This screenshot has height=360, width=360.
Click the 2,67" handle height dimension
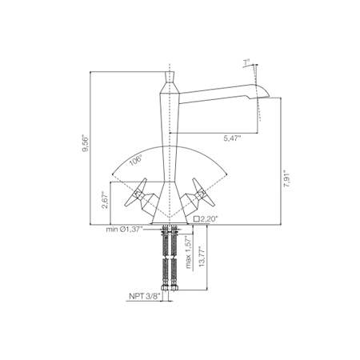point(105,200)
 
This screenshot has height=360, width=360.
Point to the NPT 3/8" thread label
point(144,295)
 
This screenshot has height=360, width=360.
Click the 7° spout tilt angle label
point(247,62)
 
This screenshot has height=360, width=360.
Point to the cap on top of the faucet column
point(170,78)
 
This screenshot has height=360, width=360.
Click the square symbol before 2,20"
point(195,217)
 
